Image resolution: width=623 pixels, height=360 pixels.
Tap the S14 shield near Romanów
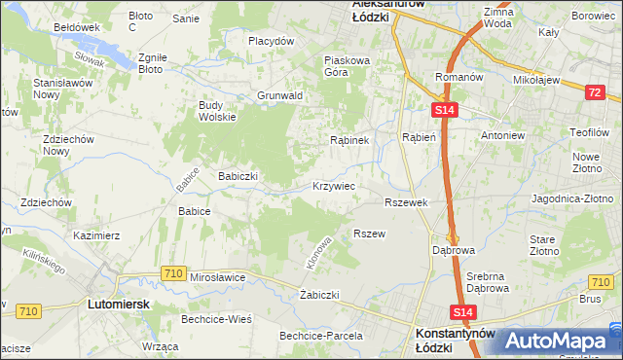pos(444,112)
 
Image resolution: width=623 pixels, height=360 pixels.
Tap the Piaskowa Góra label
pos(347,65)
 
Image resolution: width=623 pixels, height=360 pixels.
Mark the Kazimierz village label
pos(96,235)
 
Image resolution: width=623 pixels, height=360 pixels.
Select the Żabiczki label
pos(319,294)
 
